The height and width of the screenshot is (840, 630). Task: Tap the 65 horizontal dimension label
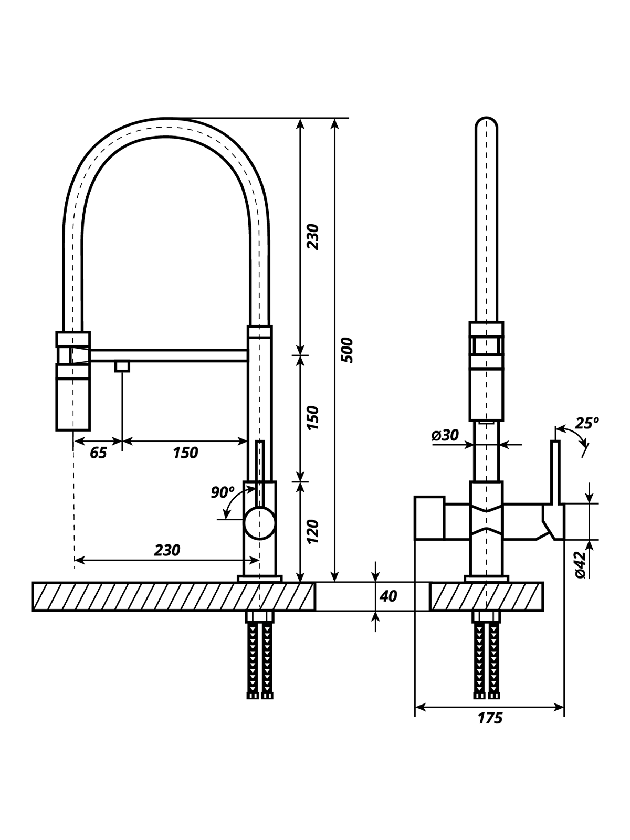(98, 453)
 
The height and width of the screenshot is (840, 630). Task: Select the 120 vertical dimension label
(313, 531)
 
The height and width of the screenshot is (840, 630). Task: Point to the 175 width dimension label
(490, 719)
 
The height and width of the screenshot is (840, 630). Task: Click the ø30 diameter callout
(445, 435)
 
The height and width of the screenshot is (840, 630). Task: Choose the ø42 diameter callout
(580, 565)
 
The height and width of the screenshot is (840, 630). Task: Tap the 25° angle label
(586, 423)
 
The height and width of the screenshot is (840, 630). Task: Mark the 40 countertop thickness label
(388, 596)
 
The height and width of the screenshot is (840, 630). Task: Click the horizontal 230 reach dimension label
(167, 550)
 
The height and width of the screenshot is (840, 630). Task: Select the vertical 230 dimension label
(313, 237)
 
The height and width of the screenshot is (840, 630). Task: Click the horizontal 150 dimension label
(185, 453)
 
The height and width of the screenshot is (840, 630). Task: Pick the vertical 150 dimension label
(313, 417)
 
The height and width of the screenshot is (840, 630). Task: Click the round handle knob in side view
(260, 523)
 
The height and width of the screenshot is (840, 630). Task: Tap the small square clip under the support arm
(122, 366)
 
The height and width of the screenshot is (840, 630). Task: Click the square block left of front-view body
(429, 518)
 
